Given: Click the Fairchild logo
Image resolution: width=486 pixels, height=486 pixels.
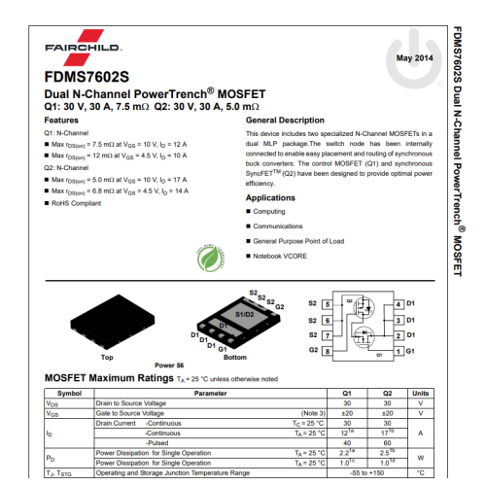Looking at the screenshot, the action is (82, 47).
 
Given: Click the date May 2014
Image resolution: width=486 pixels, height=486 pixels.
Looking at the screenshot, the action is (414, 58).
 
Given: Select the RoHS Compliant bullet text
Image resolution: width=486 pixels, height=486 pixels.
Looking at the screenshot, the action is (77, 202).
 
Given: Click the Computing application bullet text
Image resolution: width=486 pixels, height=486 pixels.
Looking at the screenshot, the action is (269, 211).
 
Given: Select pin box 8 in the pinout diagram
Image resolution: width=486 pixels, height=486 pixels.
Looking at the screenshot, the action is (328, 350).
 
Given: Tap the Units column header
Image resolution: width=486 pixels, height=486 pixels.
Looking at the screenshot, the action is (420, 393).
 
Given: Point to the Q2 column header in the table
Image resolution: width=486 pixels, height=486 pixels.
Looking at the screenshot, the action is (387, 393).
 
